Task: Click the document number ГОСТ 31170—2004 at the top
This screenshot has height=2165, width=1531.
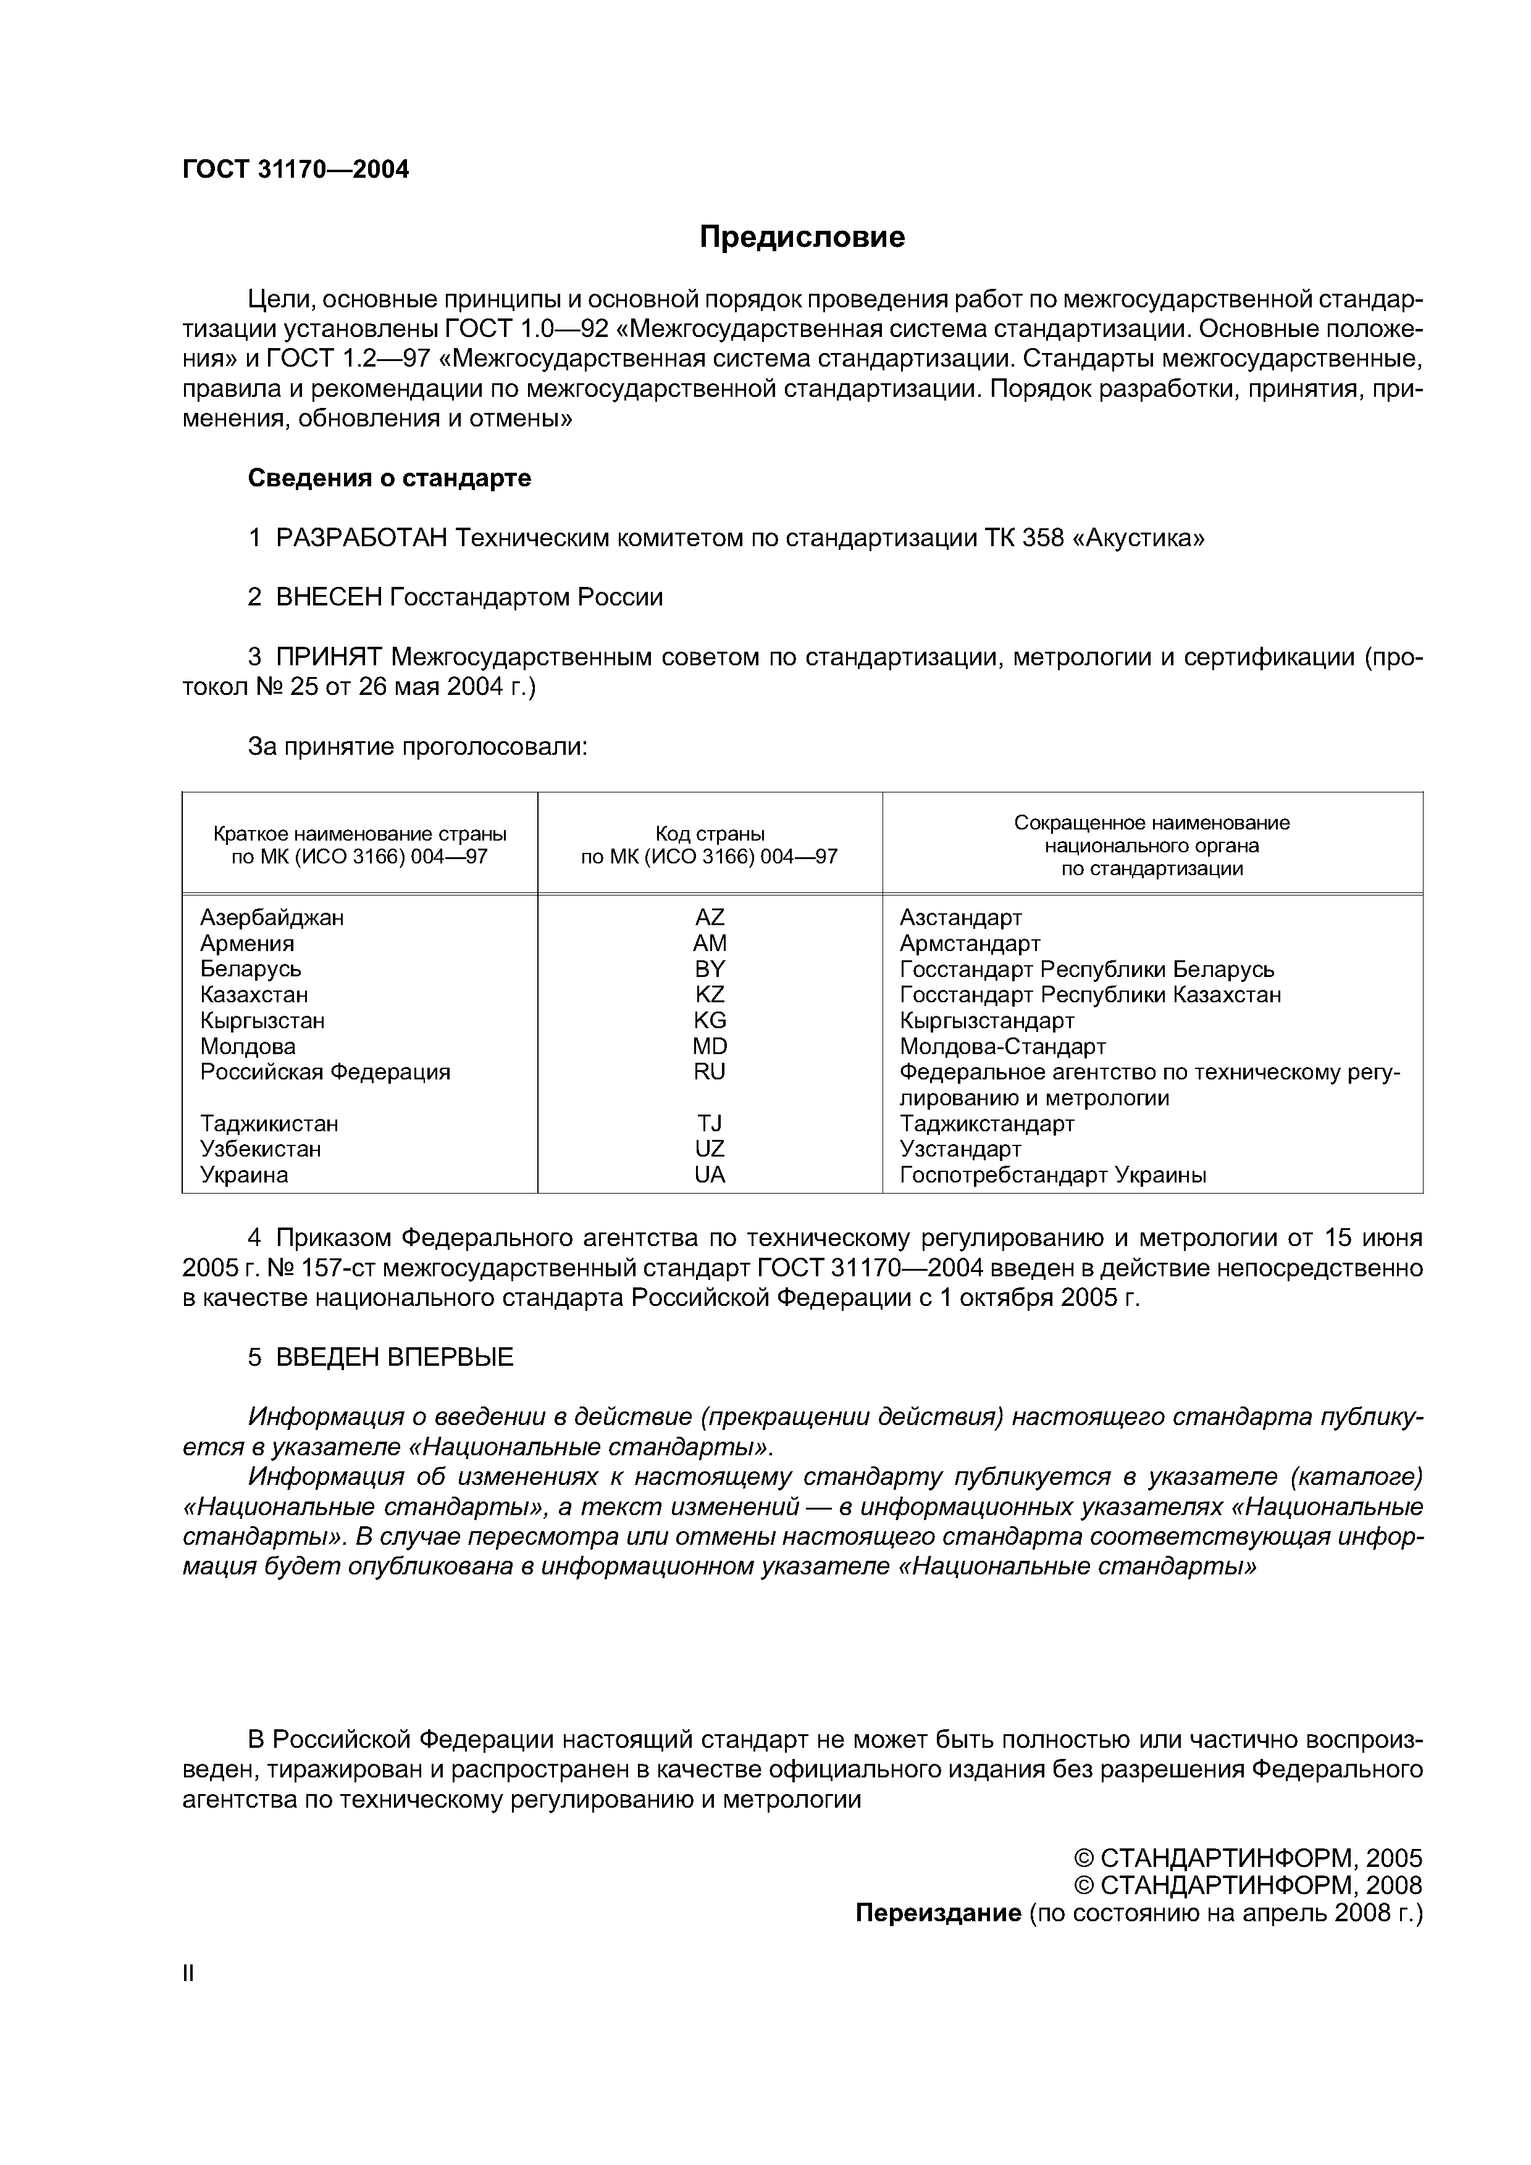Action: pyautogui.click(x=295, y=170)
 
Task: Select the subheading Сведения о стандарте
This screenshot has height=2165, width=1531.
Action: pyautogui.click(x=388, y=478)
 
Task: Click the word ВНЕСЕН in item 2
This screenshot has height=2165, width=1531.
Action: pyautogui.click(x=329, y=597)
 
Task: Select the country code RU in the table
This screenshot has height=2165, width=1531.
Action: pyautogui.click(x=710, y=1072)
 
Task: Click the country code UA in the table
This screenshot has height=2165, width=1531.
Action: pyautogui.click(x=710, y=1175)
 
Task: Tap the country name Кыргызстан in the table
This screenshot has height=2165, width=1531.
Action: pyautogui.click(x=262, y=1020)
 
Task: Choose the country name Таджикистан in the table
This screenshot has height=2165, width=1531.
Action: pyautogui.click(x=269, y=1124)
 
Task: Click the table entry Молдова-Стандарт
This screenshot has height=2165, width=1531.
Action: pyautogui.click(x=1002, y=1047)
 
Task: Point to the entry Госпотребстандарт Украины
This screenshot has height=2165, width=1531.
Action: pyautogui.click(x=1053, y=1175)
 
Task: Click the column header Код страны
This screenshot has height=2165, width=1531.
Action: pyautogui.click(x=710, y=834)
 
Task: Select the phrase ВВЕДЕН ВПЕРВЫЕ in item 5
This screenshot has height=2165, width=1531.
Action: pyautogui.click(x=394, y=1357)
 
